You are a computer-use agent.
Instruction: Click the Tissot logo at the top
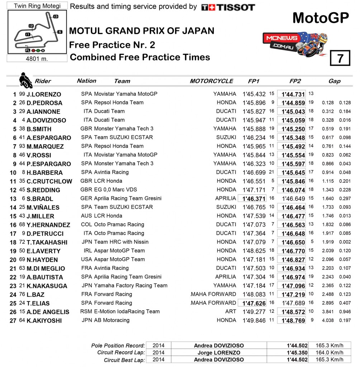[x=228, y=7]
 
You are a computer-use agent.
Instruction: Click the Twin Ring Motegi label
[x=37, y=6]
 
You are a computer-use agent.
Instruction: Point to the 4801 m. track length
[x=37, y=58]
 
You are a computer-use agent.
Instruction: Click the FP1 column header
[x=254, y=81]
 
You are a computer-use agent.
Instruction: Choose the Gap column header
[x=334, y=81]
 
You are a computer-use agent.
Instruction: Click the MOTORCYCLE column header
[x=212, y=81]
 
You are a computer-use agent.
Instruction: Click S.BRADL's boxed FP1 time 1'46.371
[x=254, y=199]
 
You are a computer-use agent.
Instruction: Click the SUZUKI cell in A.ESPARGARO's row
[x=226, y=137]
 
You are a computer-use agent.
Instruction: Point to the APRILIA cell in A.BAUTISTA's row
[x=226, y=277]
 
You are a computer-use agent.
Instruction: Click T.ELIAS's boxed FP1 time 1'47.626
[x=254, y=303]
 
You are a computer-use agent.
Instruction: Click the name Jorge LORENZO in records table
[x=219, y=353]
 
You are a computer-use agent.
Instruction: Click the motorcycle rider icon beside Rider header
[x=25, y=80]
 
